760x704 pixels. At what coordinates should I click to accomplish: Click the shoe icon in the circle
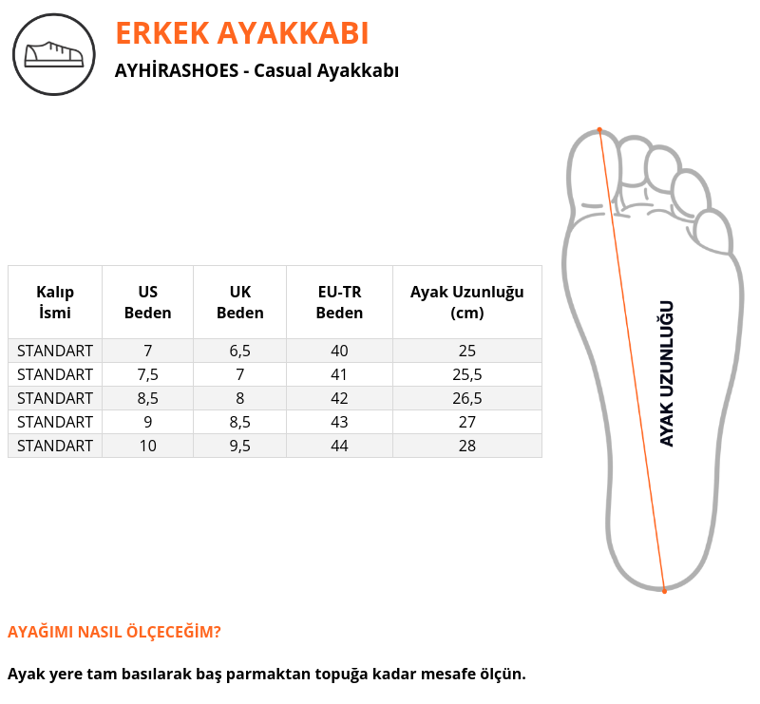[54, 54]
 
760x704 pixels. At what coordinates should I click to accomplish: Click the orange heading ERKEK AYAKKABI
[242, 33]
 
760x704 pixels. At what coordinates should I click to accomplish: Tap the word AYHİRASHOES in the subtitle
[177, 70]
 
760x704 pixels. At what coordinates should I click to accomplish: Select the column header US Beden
[148, 302]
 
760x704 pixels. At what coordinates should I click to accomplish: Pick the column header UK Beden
[240, 302]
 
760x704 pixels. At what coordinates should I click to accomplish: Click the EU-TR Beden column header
[339, 302]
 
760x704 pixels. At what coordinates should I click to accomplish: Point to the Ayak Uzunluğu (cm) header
[467, 302]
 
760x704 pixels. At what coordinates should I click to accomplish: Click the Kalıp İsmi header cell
[55, 302]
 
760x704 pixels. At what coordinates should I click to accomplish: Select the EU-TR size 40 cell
[339, 351]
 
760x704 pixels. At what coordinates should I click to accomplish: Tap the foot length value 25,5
[467, 374]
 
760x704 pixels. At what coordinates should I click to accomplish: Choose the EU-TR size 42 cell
[339, 398]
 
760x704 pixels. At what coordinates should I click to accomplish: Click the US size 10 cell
[148, 447]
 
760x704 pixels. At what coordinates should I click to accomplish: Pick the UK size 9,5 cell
[240, 447]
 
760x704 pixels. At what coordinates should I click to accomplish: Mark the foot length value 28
[467, 447]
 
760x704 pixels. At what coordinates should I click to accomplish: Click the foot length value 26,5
[467, 398]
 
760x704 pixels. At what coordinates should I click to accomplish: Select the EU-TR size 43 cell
[339, 422]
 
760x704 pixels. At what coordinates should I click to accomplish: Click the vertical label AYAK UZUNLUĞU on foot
[667, 373]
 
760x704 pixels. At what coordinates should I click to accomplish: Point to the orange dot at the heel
[664, 591]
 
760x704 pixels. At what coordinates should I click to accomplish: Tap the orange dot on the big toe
[599, 130]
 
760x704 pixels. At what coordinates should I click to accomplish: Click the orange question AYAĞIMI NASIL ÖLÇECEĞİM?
[114, 632]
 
